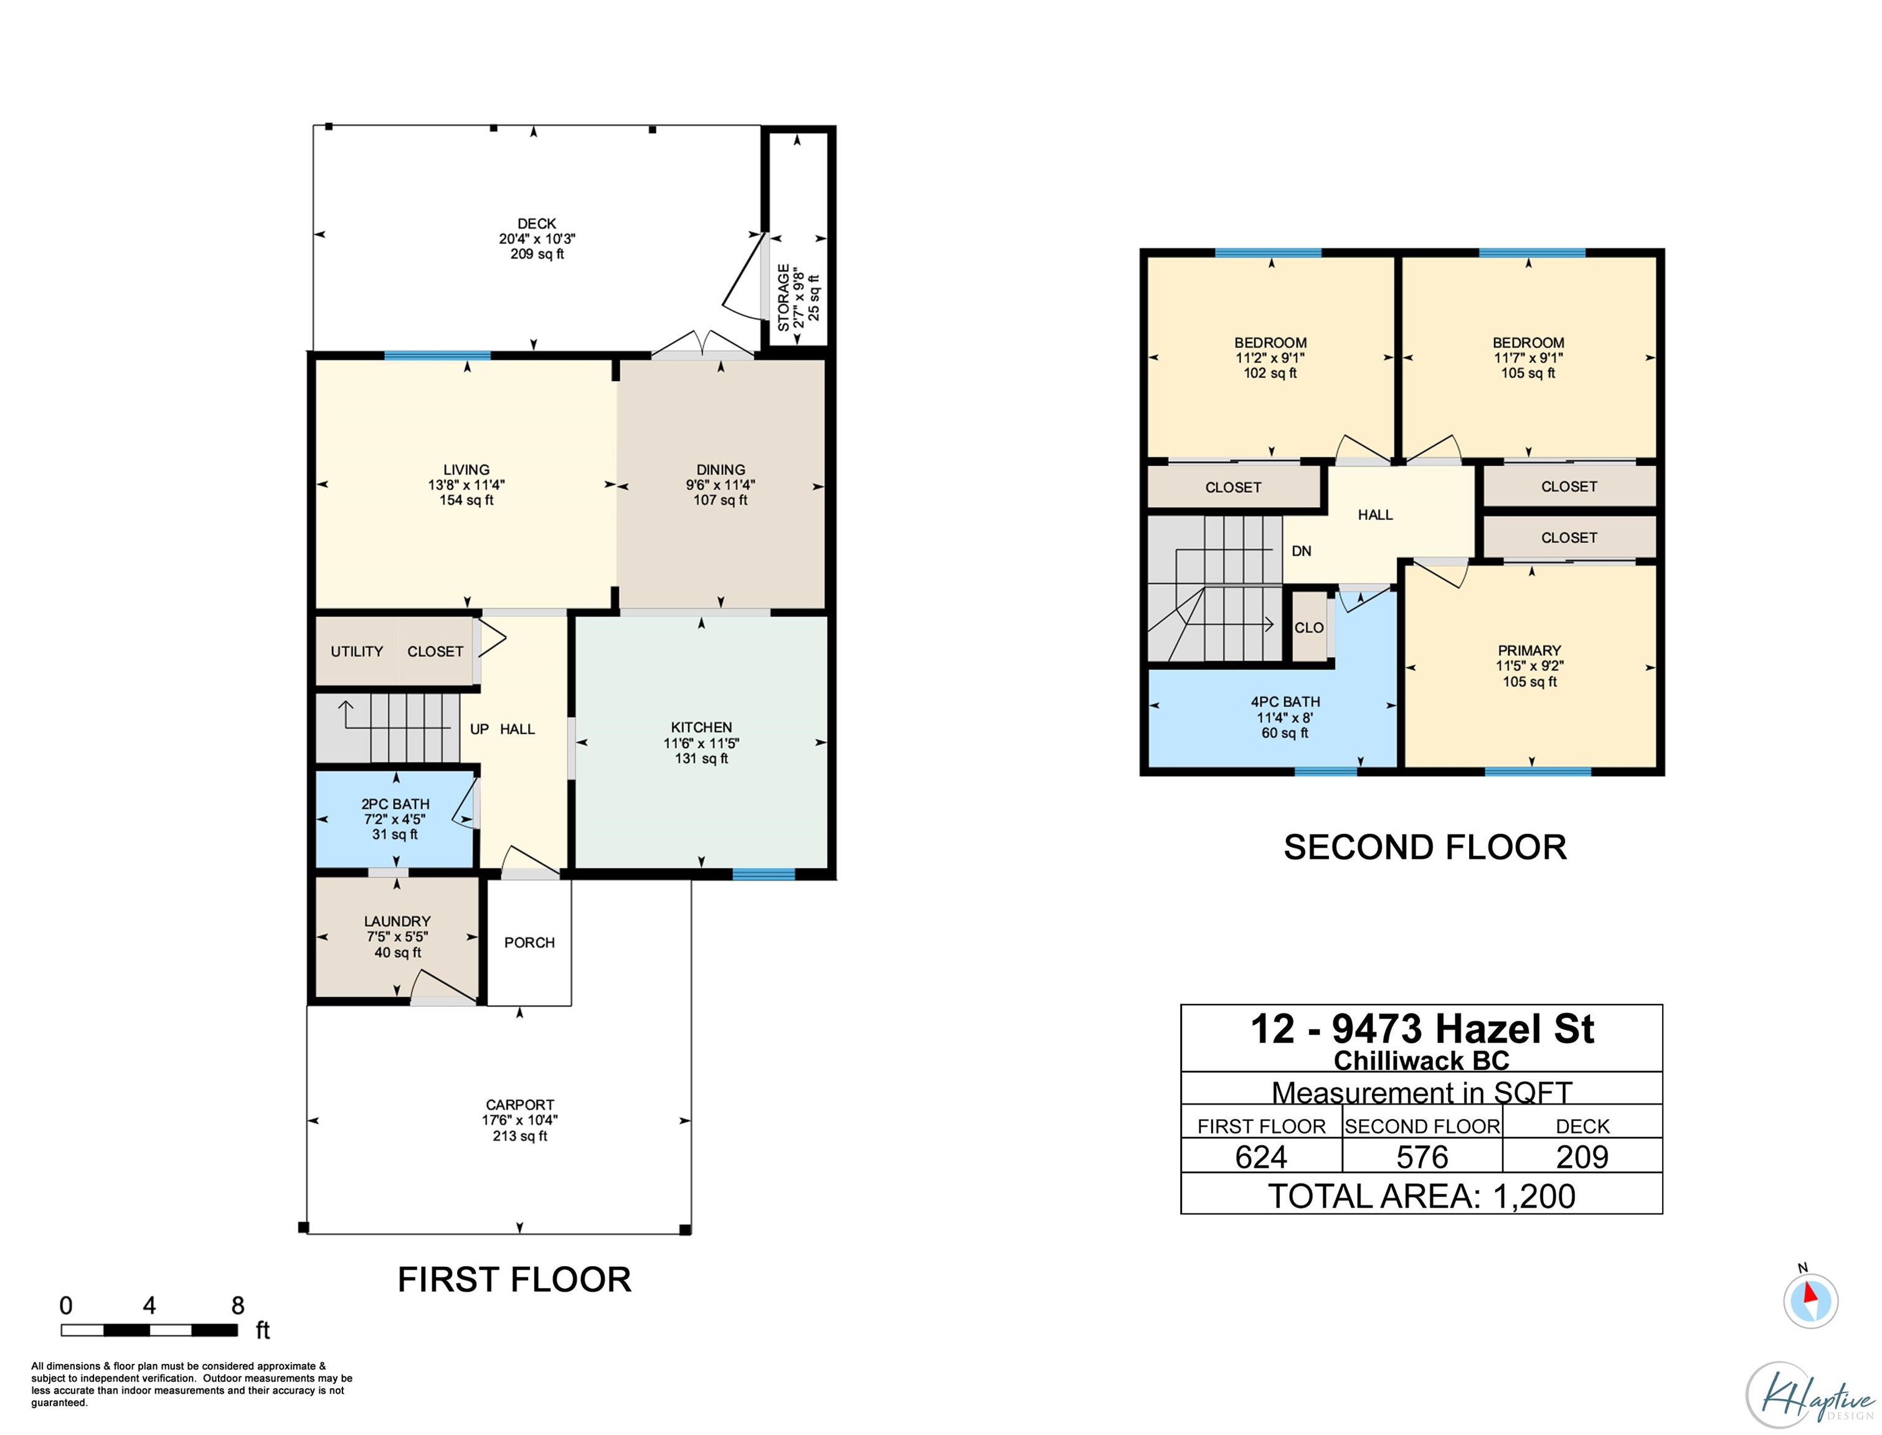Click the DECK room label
536,224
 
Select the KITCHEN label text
701,727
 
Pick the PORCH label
529,942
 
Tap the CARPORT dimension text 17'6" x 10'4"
519,1120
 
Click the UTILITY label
357,651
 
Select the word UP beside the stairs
479,729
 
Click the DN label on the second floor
1302,551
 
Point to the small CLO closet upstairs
1308,627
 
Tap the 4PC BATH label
1285,702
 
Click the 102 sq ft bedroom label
1270,373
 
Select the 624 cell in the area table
1261,1157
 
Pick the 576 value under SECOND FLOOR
1422,1157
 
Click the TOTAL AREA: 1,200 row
1422,1195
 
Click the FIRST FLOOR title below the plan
514,1279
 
